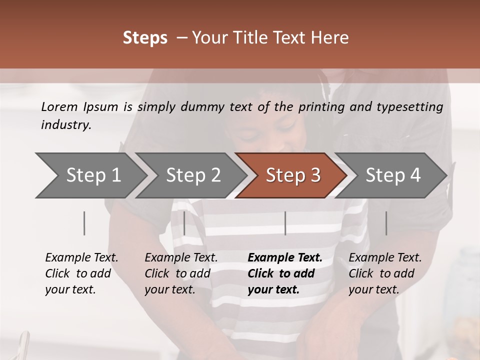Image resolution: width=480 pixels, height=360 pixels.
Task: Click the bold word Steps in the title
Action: [145, 38]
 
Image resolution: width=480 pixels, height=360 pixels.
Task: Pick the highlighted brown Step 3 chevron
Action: [292, 175]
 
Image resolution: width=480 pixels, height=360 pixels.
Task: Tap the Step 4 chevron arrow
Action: [392, 175]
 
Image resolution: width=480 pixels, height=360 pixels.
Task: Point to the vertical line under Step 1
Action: [84, 223]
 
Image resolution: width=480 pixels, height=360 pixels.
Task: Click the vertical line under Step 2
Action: [184, 223]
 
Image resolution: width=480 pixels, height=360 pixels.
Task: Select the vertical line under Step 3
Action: [285, 223]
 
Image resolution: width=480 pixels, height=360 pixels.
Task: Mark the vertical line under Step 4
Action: [386, 223]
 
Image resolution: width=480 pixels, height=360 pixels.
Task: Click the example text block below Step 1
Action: [81, 273]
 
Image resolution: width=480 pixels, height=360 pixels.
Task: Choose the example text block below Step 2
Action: [181, 273]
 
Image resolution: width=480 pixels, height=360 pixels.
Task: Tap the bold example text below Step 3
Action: [285, 273]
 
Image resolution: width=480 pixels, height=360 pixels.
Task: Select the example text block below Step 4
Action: [385, 273]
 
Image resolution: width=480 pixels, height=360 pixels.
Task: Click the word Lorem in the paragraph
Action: [59, 107]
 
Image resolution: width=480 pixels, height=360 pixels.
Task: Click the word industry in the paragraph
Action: [66, 125]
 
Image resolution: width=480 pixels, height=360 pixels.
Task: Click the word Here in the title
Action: [332, 38]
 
